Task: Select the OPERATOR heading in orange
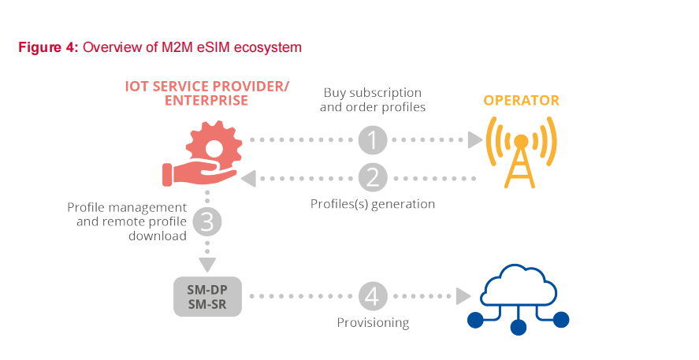coord(521,101)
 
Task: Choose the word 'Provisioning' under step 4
coord(373,322)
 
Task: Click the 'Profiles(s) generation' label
coord(373,204)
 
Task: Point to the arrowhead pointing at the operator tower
coord(474,140)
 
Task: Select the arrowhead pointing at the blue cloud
coord(463,296)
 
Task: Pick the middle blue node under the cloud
coord(518,326)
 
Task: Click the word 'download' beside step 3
coord(161,236)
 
